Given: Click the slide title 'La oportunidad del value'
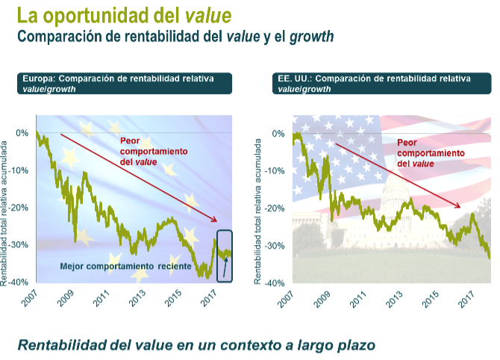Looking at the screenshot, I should click(124, 15).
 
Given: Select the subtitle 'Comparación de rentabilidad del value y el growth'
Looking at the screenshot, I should click(175, 36).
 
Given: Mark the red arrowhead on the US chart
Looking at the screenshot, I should click(458, 206).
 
